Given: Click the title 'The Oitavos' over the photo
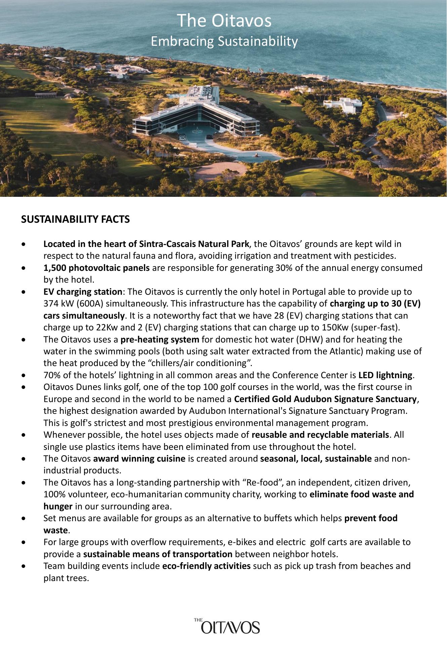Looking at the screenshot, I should (224, 21).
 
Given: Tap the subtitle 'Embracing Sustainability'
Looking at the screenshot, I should (224, 41).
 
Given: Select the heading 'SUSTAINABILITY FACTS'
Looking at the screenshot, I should (75, 219).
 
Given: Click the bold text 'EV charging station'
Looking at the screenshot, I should (83, 292).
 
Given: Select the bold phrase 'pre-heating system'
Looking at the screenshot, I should (160, 339).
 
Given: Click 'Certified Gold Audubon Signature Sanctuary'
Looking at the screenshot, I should (325, 399).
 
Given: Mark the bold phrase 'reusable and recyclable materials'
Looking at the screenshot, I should (320, 435).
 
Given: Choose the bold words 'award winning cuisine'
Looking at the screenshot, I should (139, 459).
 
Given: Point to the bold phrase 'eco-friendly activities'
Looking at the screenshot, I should (206, 566).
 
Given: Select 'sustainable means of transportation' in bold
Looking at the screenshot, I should (158, 554).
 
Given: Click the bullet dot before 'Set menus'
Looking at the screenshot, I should (23, 519).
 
